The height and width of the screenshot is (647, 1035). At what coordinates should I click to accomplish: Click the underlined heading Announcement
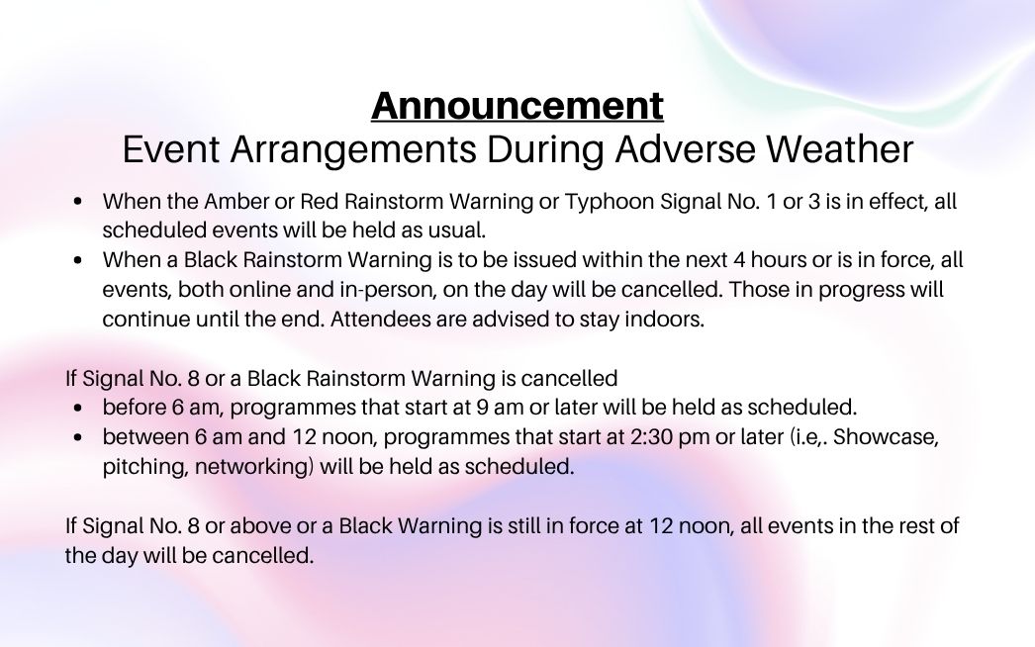(x=517, y=106)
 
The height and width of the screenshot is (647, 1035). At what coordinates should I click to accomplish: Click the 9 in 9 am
(x=482, y=408)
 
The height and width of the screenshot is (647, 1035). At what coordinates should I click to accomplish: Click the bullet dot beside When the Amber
(x=78, y=202)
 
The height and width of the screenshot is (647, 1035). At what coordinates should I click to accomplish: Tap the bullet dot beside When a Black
(x=78, y=260)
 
